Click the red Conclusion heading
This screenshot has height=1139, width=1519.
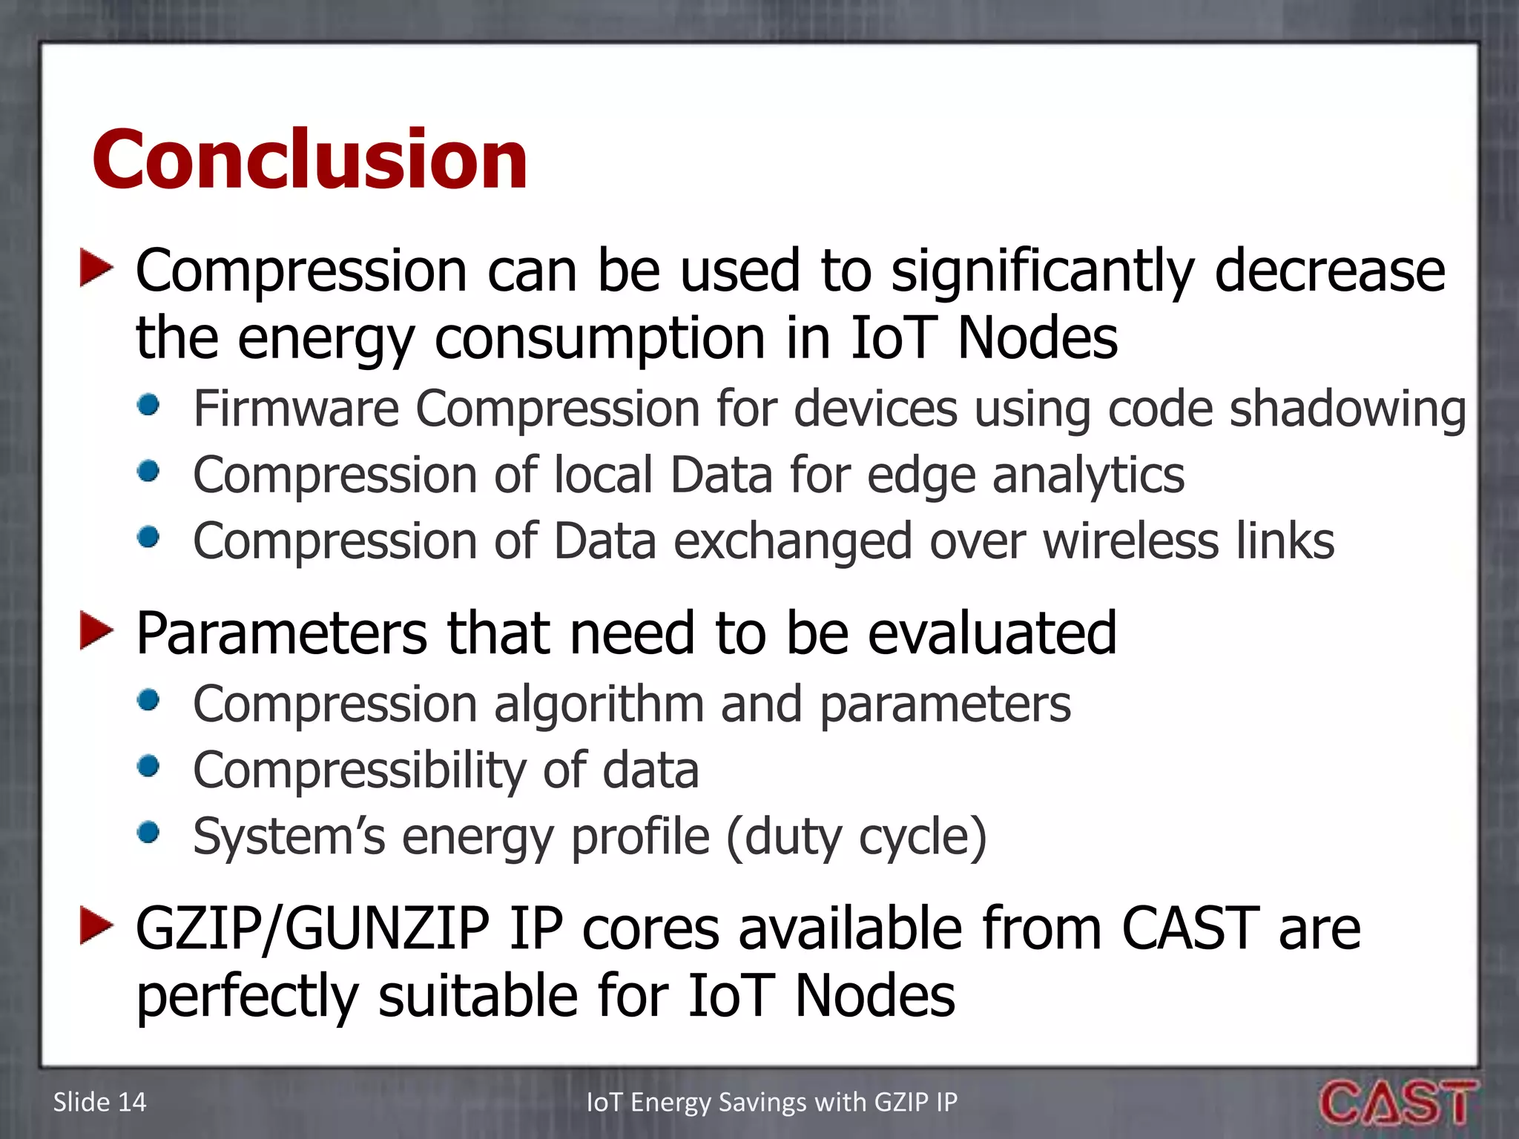point(309,159)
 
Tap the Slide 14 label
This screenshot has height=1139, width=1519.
point(99,1103)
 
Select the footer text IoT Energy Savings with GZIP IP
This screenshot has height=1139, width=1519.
point(771,1103)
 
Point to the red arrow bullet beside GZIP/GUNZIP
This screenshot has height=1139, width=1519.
point(96,926)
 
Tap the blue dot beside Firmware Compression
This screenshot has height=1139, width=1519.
point(149,406)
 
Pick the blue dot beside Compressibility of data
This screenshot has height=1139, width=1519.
point(149,767)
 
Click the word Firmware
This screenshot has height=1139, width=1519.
point(295,409)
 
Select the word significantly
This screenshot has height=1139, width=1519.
point(1042,272)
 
